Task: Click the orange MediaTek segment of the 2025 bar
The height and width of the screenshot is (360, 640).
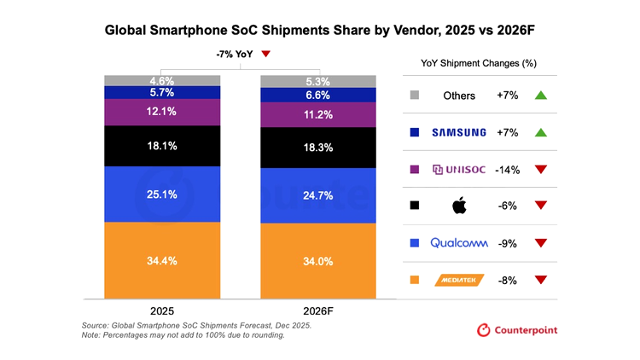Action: coord(161,260)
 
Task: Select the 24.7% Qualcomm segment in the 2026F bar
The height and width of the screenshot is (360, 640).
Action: coord(317,195)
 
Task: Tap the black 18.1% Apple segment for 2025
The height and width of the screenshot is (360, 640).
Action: coord(161,146)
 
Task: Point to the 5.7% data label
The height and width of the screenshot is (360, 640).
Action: coord(161,92)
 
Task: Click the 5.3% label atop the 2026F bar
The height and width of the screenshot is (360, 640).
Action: coord(317,82)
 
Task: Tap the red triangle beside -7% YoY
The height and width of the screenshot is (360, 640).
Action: coord(265,55)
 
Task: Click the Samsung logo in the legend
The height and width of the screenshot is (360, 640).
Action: coord(458,132)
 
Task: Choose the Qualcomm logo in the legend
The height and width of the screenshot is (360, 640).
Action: coord(458,242)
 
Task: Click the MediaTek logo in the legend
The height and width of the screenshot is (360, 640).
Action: coord(458,279)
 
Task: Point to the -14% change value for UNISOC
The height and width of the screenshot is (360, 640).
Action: coord(509,169)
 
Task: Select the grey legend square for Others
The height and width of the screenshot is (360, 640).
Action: coord(415,96)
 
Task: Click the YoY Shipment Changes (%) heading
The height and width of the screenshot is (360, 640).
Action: coord(478,63)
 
